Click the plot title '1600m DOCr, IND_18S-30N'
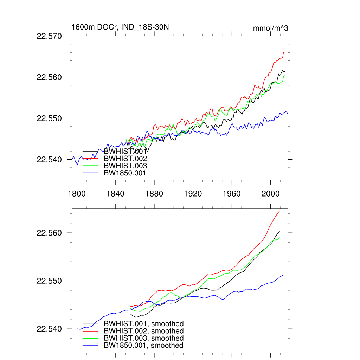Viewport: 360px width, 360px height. (x=120, y=27)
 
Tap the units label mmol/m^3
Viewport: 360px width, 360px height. (x=270, y=28)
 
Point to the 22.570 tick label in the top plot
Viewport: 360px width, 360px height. (x=49, y=36)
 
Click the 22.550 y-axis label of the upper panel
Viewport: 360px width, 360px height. (x=49, y=118)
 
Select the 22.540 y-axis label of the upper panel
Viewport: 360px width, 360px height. (x=49, y=160)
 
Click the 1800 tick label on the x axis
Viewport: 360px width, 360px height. (x=77, y=194)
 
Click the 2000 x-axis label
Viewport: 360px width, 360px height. (x=270, y=194)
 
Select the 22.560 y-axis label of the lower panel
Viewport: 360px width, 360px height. (x=49, y=233)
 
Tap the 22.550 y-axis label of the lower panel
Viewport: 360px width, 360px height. (x=49, y=281)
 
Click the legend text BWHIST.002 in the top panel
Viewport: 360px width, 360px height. (x=125, y=159)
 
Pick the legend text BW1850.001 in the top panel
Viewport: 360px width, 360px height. (x=125, y=173)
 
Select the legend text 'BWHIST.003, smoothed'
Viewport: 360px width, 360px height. (x=144, y=338)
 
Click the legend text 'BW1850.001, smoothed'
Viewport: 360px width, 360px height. (x=144, y=346)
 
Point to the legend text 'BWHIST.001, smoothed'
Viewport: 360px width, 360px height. (x=144, y=324)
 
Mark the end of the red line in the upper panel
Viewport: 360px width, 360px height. (x=284, y=52)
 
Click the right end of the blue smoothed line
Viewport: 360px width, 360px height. (x=283, y=275)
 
